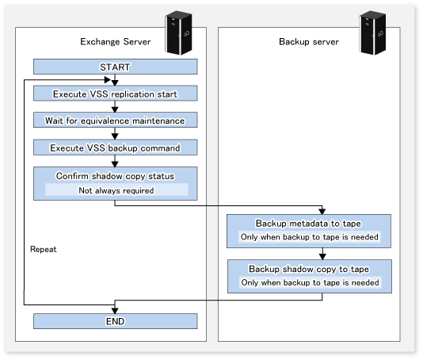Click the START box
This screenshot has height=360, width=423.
click(115, 67)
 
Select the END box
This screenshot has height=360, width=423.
click(115, 321)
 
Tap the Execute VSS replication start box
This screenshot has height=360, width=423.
click(115, 94)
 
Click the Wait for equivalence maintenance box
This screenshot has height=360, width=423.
click(115, 121)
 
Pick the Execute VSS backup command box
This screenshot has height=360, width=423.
click(115, 147)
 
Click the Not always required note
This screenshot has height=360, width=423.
click(116, 190)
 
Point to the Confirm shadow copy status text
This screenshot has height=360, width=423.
click(115, 176)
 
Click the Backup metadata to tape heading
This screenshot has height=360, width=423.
click(308, 224)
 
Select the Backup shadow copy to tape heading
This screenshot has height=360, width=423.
click(309, 269)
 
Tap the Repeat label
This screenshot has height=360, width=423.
click(44, 249)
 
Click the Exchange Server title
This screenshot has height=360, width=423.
click(116, 41)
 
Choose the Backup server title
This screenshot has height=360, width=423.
click(309, 41)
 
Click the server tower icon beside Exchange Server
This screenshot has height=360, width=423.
click(178, 33)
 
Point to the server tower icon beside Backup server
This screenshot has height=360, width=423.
click(372, 33)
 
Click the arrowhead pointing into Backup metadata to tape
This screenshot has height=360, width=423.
click(322, 211)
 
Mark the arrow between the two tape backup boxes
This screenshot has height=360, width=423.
click(322, 254)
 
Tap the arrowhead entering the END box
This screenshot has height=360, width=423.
click(115, 310)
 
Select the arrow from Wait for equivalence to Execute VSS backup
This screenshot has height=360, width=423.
click(115, 133)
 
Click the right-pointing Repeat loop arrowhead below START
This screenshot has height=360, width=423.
click(108, 79)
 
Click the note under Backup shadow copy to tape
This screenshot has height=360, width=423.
click(310, 282)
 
